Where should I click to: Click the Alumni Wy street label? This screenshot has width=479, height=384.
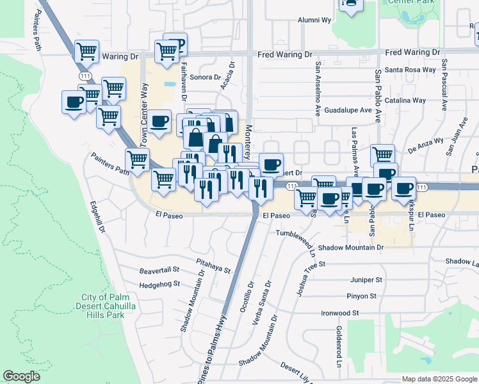click(314, 20)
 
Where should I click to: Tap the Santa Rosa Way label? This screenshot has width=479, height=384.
click(410, 70)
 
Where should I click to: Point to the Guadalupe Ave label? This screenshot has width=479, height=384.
click(348, 110)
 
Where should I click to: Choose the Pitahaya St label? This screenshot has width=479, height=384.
click(214, 267)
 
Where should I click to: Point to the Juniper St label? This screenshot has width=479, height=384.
click(366, 280)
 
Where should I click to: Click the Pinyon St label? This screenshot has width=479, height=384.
click(362, 296)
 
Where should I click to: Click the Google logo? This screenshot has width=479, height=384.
click(22, 376)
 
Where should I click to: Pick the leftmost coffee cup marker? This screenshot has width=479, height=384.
click(74, 102)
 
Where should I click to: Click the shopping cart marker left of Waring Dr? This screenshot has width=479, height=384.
click(86, 51)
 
